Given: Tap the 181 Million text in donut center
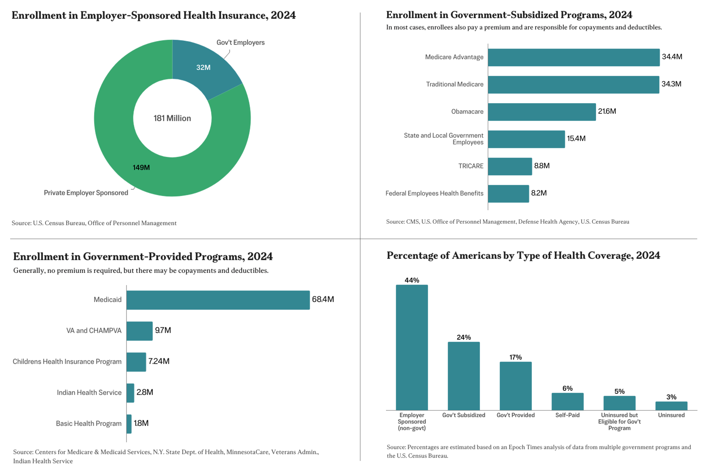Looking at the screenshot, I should pos(172,118).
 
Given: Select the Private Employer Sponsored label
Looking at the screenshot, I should pos(86,193).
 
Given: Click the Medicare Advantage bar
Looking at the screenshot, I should pos(573,57).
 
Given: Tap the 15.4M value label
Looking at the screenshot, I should pos(576,138).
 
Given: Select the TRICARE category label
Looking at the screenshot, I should pos(471,166).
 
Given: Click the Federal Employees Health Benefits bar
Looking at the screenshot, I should pos(508,194).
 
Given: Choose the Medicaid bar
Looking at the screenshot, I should pos(218,300).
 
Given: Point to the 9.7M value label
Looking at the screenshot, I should pos(163,330).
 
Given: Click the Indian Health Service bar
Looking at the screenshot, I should pos(130,393).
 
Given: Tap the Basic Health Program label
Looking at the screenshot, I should pos(89,424).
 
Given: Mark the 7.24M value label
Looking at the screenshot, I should pos(159,361).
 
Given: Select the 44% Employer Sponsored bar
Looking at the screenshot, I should pos(412,347).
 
